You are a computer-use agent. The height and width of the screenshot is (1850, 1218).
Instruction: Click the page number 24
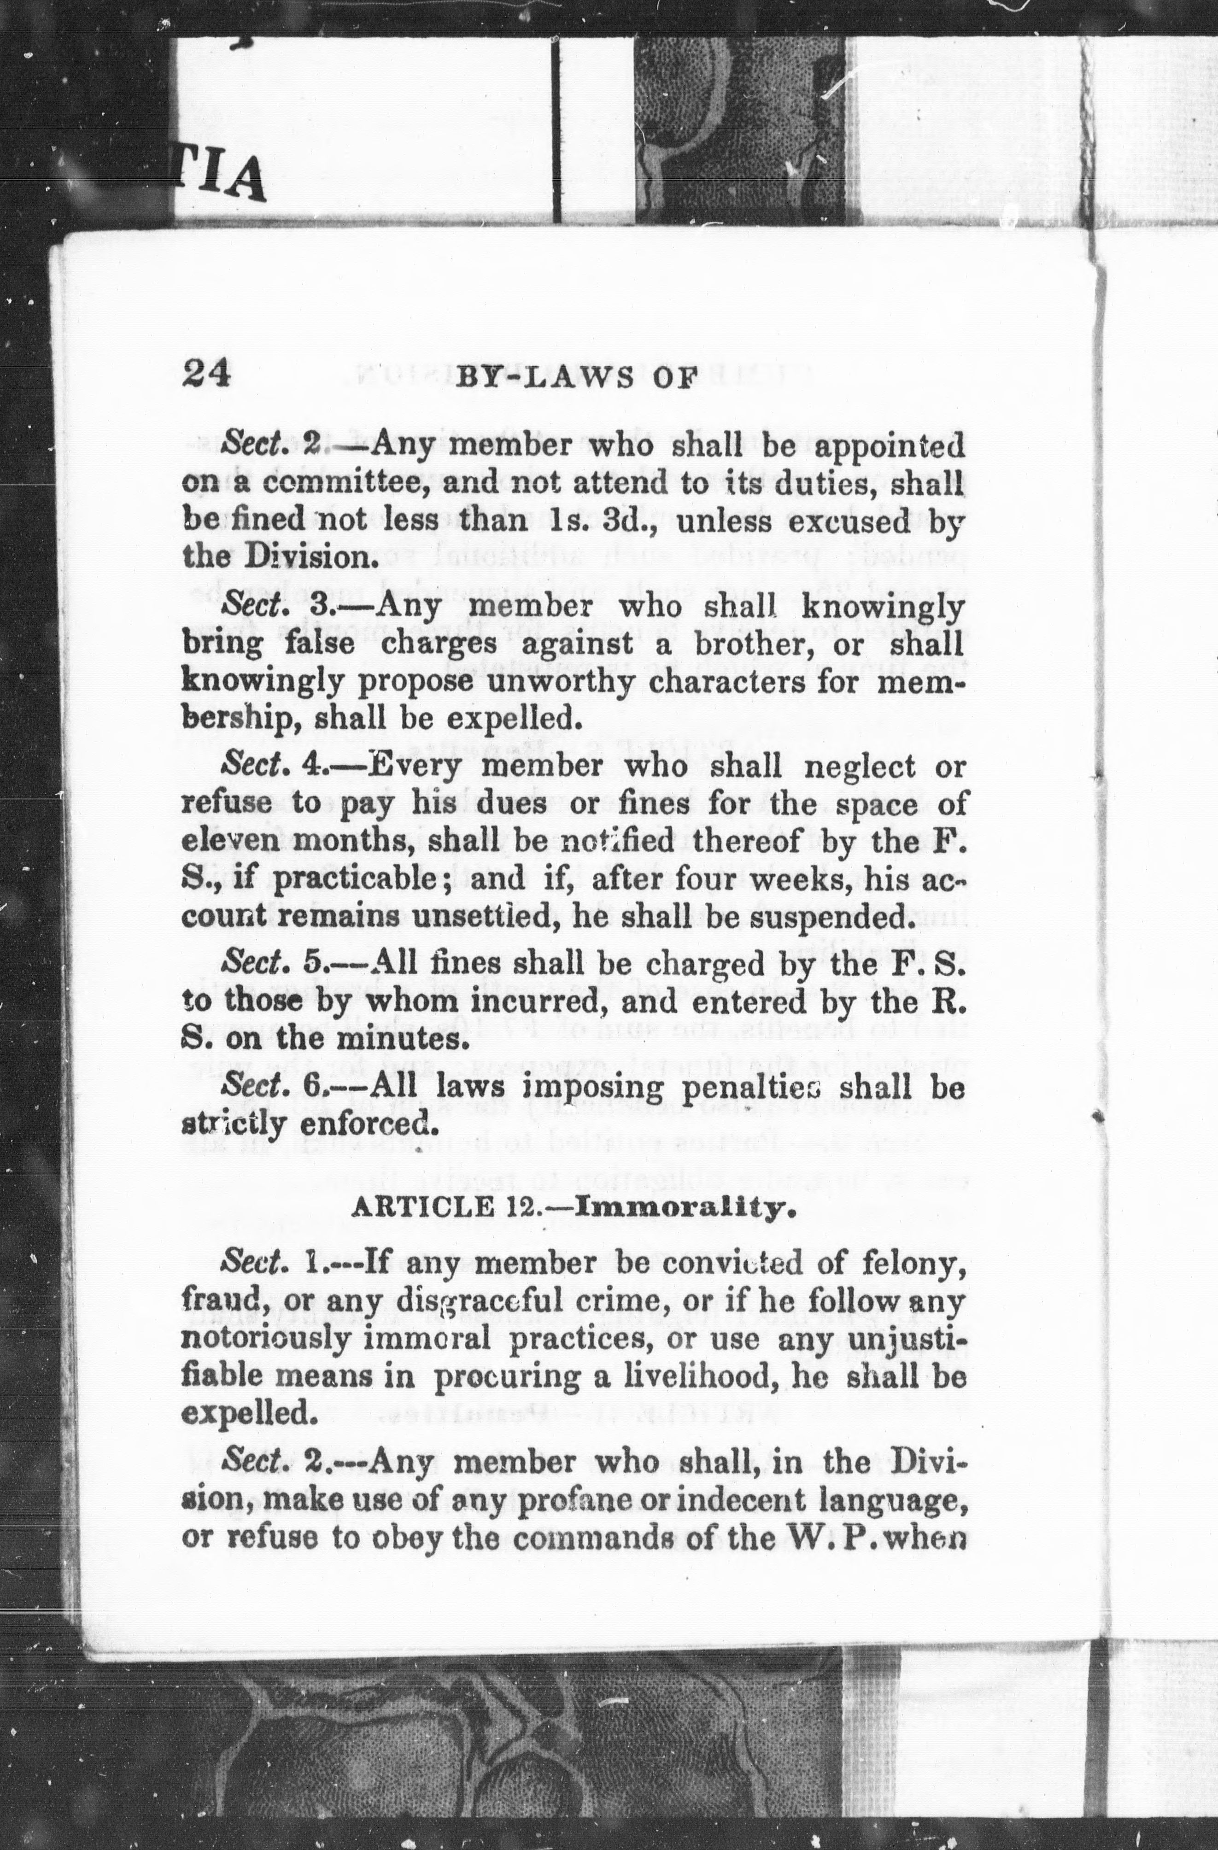pos(207,374)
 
